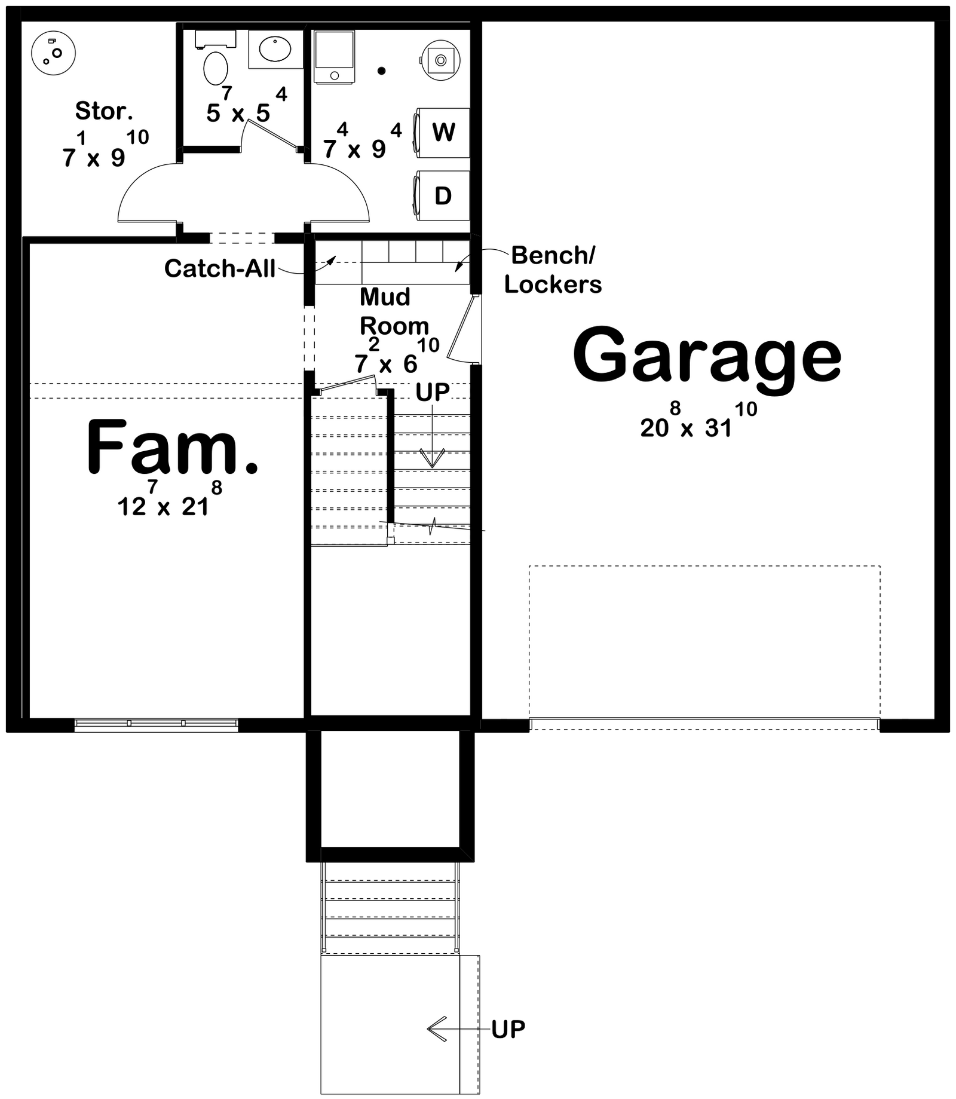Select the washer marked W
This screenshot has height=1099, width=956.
(x=443, y=133)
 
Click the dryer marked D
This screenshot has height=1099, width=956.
(x=443, y=195)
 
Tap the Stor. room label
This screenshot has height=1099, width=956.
(x=104, y=111)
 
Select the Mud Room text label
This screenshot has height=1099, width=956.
(x=393, y=311)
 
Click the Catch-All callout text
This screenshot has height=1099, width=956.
(x=220, y=269)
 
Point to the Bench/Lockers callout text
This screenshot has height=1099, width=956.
(x=553, y=270)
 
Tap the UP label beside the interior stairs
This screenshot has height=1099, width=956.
(x=433, y=392)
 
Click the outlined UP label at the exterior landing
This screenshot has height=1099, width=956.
(x=508, y=1029)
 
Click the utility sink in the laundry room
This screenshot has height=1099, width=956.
(x=440, y=59)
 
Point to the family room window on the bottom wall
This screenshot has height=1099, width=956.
(x=157, y=725)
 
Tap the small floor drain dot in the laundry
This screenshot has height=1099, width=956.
(x=381, y=71)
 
